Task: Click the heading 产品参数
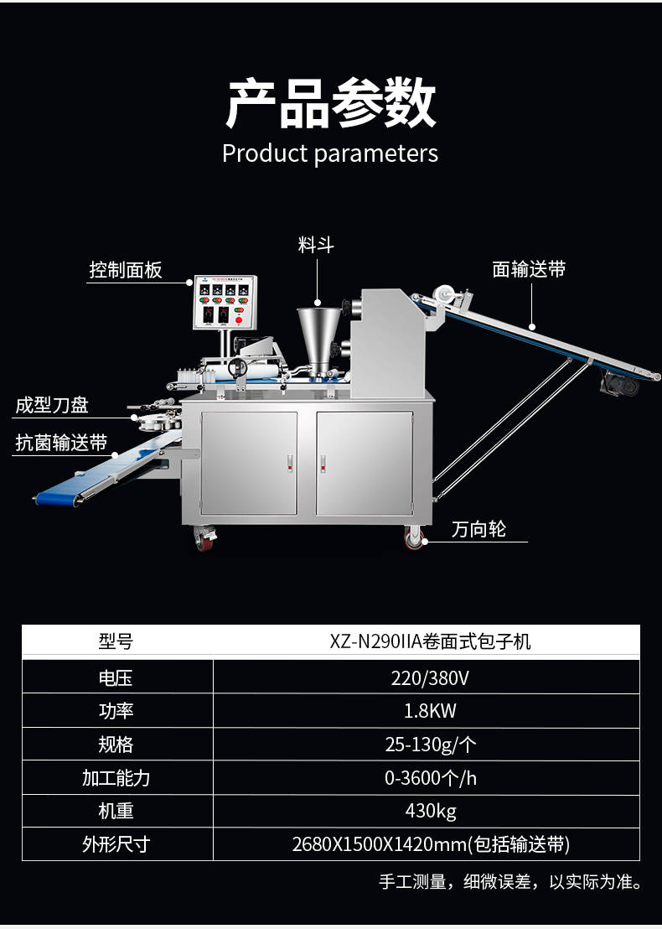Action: tap(330, 103)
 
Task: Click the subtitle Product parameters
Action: tap(330, 153)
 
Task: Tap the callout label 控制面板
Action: tap(126, 270)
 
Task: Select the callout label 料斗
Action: tap(316, 245)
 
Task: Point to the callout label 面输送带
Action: tap(529, 270)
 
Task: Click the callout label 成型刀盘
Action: tap(52, 405)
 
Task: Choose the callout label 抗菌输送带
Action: tap(61, 443)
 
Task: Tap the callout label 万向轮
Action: tap(478, 529)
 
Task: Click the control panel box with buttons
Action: tap(225, 302)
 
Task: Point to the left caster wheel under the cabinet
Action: tap(204, 538)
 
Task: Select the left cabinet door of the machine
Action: tap(249, 464)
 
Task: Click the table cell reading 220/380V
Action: tap(430, 677)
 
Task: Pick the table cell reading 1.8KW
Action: tap(430, 711)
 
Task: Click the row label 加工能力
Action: tap(116, 778)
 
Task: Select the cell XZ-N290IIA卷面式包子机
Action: tap(430, 641)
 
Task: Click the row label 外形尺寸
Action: tap(116, 844)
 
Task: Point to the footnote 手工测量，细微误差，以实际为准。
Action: tap(511, 881)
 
